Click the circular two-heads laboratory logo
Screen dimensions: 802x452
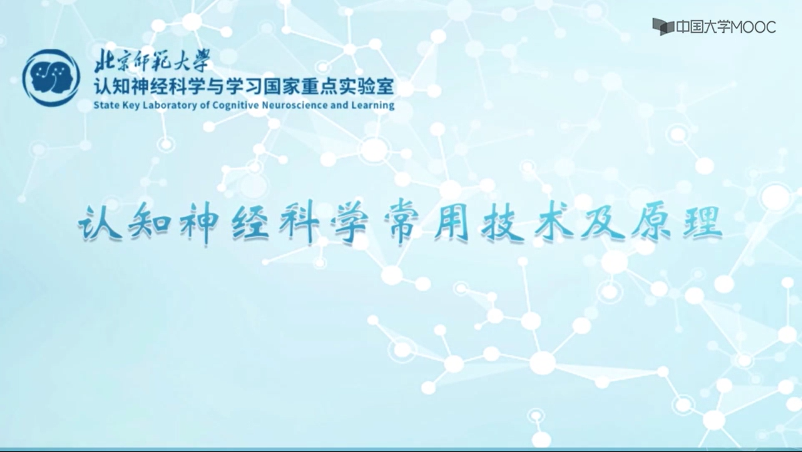click(51, 78)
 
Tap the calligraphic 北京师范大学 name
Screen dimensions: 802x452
click(152, 62)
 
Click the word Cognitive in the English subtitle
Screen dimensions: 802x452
click(235, 105)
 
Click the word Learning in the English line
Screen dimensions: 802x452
click(373, 105)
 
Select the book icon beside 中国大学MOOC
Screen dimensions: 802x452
click(664, 27)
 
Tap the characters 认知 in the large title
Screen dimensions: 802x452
click(124, 224)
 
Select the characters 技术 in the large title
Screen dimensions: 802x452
click(527, 224)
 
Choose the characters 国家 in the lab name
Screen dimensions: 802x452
click(281, 86)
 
